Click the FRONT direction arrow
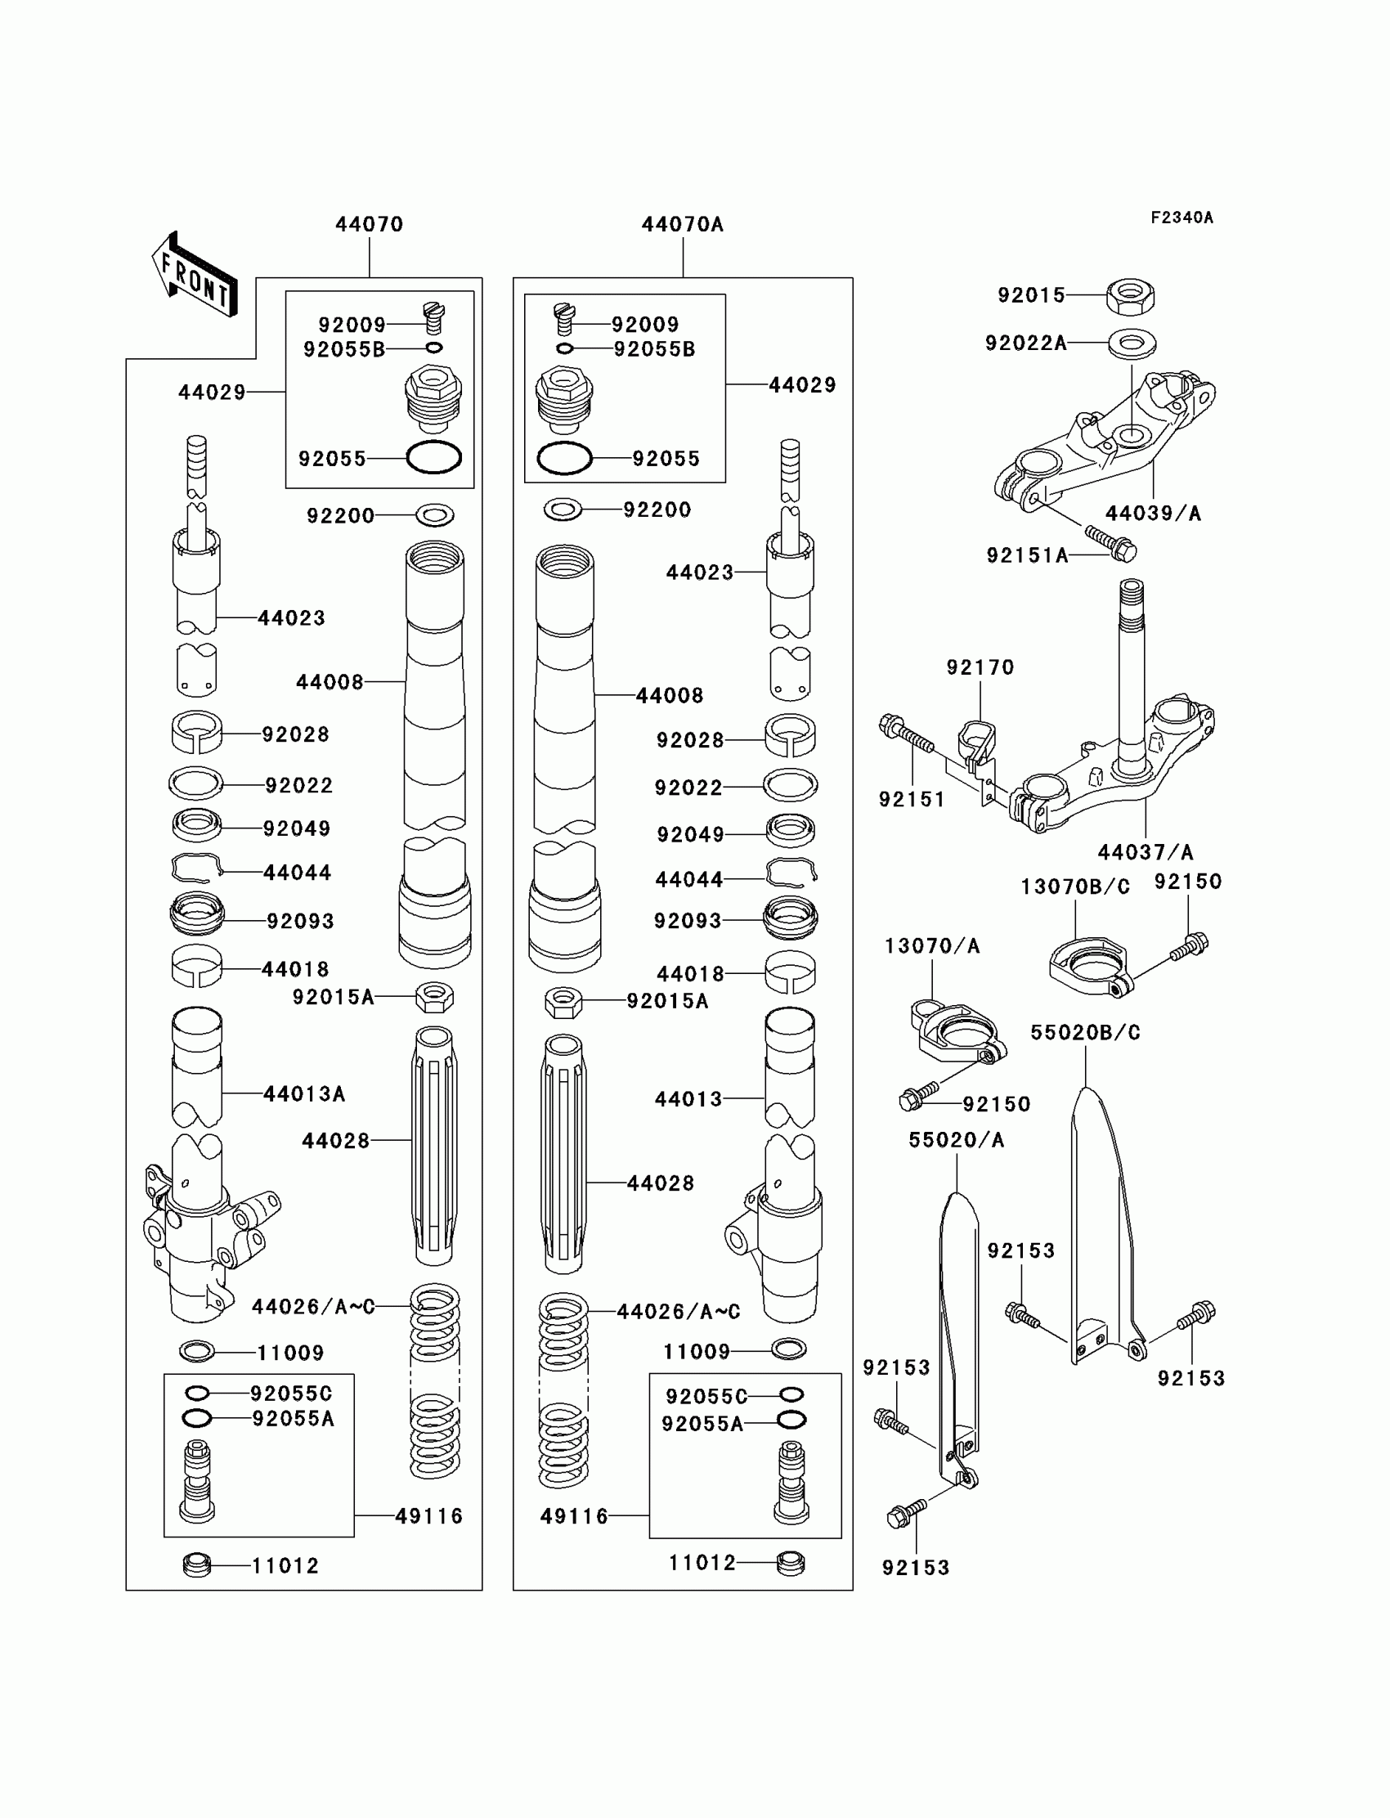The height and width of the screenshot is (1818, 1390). click(195, 276)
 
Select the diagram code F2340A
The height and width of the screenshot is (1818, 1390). click(1181, 218)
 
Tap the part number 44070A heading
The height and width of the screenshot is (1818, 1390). click(682, 224)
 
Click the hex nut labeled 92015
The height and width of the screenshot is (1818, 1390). click(1130, 296)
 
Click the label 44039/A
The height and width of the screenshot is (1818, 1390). click(1153, 513)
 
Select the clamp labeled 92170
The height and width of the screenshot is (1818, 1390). click(976, 739)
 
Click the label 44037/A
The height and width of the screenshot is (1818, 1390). click(1145, 851)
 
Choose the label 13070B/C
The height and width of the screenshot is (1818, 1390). click(1074, 887)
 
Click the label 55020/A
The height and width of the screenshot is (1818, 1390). click(956, 1139)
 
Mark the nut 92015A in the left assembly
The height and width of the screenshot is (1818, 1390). click(434, 997)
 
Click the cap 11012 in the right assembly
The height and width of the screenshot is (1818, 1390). click(790, 1563)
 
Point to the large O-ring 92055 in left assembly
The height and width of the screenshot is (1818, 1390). click(433, 457)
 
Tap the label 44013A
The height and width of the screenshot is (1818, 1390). click(303, 1093)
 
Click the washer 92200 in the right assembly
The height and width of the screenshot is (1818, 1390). click(563, 509)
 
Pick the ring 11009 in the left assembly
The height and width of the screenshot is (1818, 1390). click(197, 1352)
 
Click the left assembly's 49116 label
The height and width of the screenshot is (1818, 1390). click(428, 1516)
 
